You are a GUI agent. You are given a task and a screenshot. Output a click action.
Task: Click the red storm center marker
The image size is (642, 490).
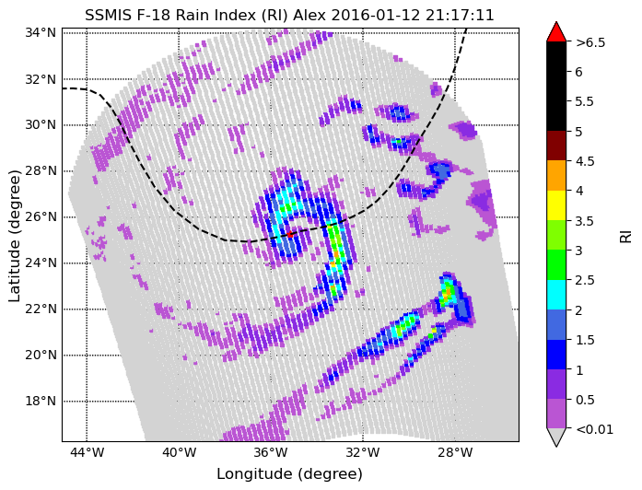coord(290,235)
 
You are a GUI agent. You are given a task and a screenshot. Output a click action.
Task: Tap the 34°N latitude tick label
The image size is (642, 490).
coord(41,32)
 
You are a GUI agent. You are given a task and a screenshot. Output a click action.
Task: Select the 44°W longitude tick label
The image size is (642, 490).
coord(87,453)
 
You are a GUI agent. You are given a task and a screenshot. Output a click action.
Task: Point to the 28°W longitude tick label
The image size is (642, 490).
coord(455,453)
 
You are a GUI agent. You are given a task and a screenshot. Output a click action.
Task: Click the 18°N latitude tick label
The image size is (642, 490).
coord(41,401)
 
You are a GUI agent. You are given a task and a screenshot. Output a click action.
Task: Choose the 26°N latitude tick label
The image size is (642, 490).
coord(41,216)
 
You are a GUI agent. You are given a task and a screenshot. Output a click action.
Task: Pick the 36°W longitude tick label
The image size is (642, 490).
coord(271,453)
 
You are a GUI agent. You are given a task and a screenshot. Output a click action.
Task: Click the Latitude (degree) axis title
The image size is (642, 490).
coord(14,236)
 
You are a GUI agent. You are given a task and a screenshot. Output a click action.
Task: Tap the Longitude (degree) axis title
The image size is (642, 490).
coord(289,474)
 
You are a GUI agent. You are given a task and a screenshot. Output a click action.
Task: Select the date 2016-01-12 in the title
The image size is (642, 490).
coord(376,15)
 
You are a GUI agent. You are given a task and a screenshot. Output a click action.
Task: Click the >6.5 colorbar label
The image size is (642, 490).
coord(590,42)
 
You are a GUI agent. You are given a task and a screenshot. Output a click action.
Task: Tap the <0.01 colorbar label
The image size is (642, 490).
coord(594,429)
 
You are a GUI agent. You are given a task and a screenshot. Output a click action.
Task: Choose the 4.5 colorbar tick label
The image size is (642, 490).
coord(585,161)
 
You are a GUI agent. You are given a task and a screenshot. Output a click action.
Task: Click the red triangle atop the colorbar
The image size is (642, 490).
coord(556,33)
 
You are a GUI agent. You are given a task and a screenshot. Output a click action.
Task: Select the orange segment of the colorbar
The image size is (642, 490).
coord(556,176)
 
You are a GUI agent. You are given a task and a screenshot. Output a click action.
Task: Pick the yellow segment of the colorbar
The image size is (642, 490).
coord(556,205)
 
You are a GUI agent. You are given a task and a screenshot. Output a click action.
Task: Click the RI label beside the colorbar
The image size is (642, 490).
coord(626,236)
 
